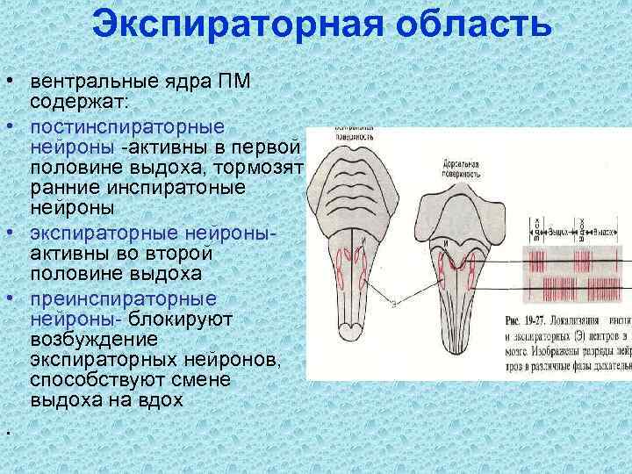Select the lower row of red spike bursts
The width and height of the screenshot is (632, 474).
[574, 288]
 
